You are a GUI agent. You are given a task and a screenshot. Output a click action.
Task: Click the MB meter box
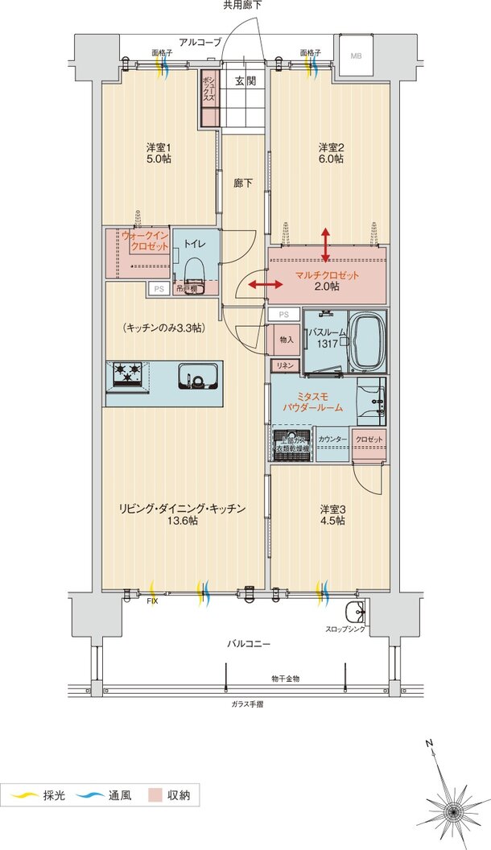pos(356,56)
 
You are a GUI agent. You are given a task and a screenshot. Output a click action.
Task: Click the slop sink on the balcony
pos(353,609)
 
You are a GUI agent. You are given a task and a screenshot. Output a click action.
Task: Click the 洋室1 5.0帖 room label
pos(159,153)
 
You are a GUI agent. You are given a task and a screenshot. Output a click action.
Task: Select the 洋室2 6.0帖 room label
pos(331,153)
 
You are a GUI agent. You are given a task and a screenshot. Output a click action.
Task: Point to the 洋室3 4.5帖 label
pos(332,514)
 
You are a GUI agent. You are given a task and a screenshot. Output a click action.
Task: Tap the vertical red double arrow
pos(325,245)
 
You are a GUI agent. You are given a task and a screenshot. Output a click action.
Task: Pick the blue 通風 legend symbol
pos(90,796)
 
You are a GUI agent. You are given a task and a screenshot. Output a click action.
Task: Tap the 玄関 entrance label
pos(245,81)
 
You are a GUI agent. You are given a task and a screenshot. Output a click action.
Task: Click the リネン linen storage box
pos(284,366)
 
